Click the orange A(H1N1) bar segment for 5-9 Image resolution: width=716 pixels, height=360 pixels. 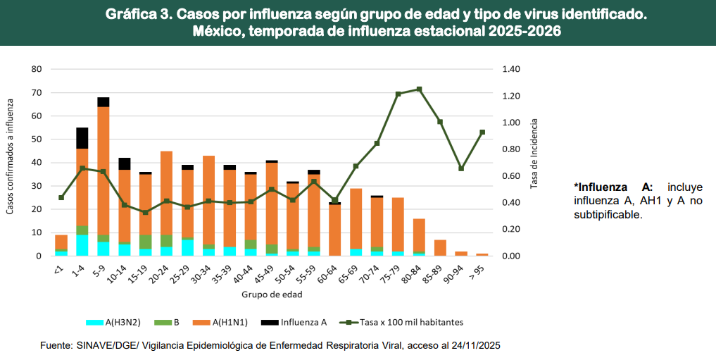tap(103, 169)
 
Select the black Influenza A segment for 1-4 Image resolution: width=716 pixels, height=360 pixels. tap(82, 138)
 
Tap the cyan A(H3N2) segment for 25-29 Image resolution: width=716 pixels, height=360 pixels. tap(187, 247)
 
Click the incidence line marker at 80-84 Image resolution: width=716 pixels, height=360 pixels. tap(419, 89)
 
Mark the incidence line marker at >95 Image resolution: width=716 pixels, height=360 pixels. tap(482, 132)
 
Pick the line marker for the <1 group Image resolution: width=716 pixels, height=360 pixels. tap(61, 197)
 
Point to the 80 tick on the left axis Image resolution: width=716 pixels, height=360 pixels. tap(37, 69)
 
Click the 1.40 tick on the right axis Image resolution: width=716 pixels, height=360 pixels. tap(510, 69)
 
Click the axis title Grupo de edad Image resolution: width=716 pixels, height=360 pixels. tap(271, 293)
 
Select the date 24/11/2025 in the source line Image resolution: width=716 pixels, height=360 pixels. tap(475, 346)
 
